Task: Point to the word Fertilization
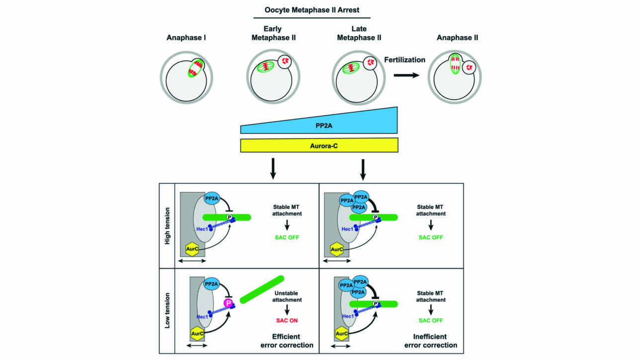pos(404,60)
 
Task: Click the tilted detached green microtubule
pos(262,289)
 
